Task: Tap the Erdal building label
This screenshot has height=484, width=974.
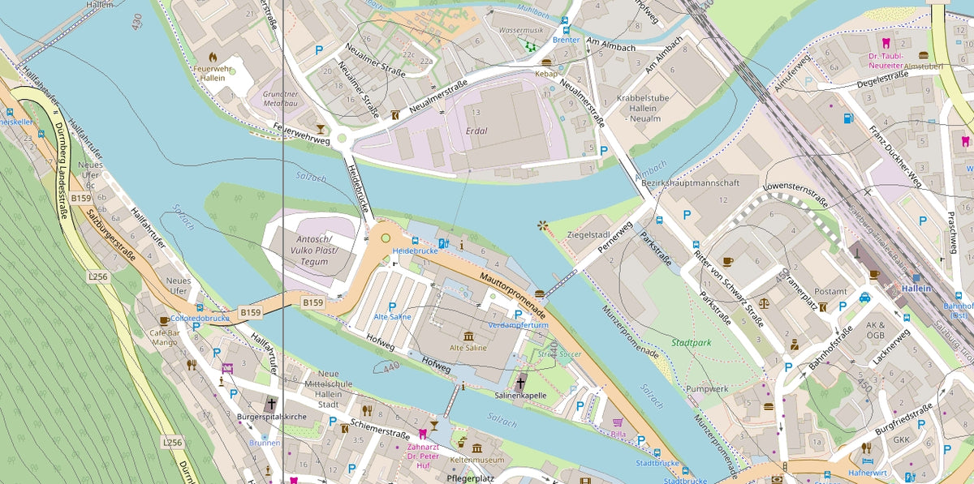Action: (478, 131)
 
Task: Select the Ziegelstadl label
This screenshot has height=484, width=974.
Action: (588, 233)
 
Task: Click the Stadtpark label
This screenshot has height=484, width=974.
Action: (691, 343)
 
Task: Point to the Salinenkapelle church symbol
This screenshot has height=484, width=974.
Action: (520, 381)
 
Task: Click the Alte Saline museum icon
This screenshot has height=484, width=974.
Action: (468, 335)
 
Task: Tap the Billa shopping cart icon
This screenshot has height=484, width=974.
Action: (618, 422)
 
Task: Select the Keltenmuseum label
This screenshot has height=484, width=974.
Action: (476, 460)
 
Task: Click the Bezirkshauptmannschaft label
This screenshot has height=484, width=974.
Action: (690, 183)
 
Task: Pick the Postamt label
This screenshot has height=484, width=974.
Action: (830, 291)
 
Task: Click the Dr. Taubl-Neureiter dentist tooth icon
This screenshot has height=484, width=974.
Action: (885, 43)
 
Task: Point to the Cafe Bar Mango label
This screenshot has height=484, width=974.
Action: (166, 337)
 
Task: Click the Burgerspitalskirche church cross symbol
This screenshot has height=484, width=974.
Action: (270, 404)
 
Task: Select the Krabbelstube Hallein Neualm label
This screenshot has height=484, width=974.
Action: (643, 108)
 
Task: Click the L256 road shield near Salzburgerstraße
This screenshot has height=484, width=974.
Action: (97, 276)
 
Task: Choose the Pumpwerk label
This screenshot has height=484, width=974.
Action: (703, 389)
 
